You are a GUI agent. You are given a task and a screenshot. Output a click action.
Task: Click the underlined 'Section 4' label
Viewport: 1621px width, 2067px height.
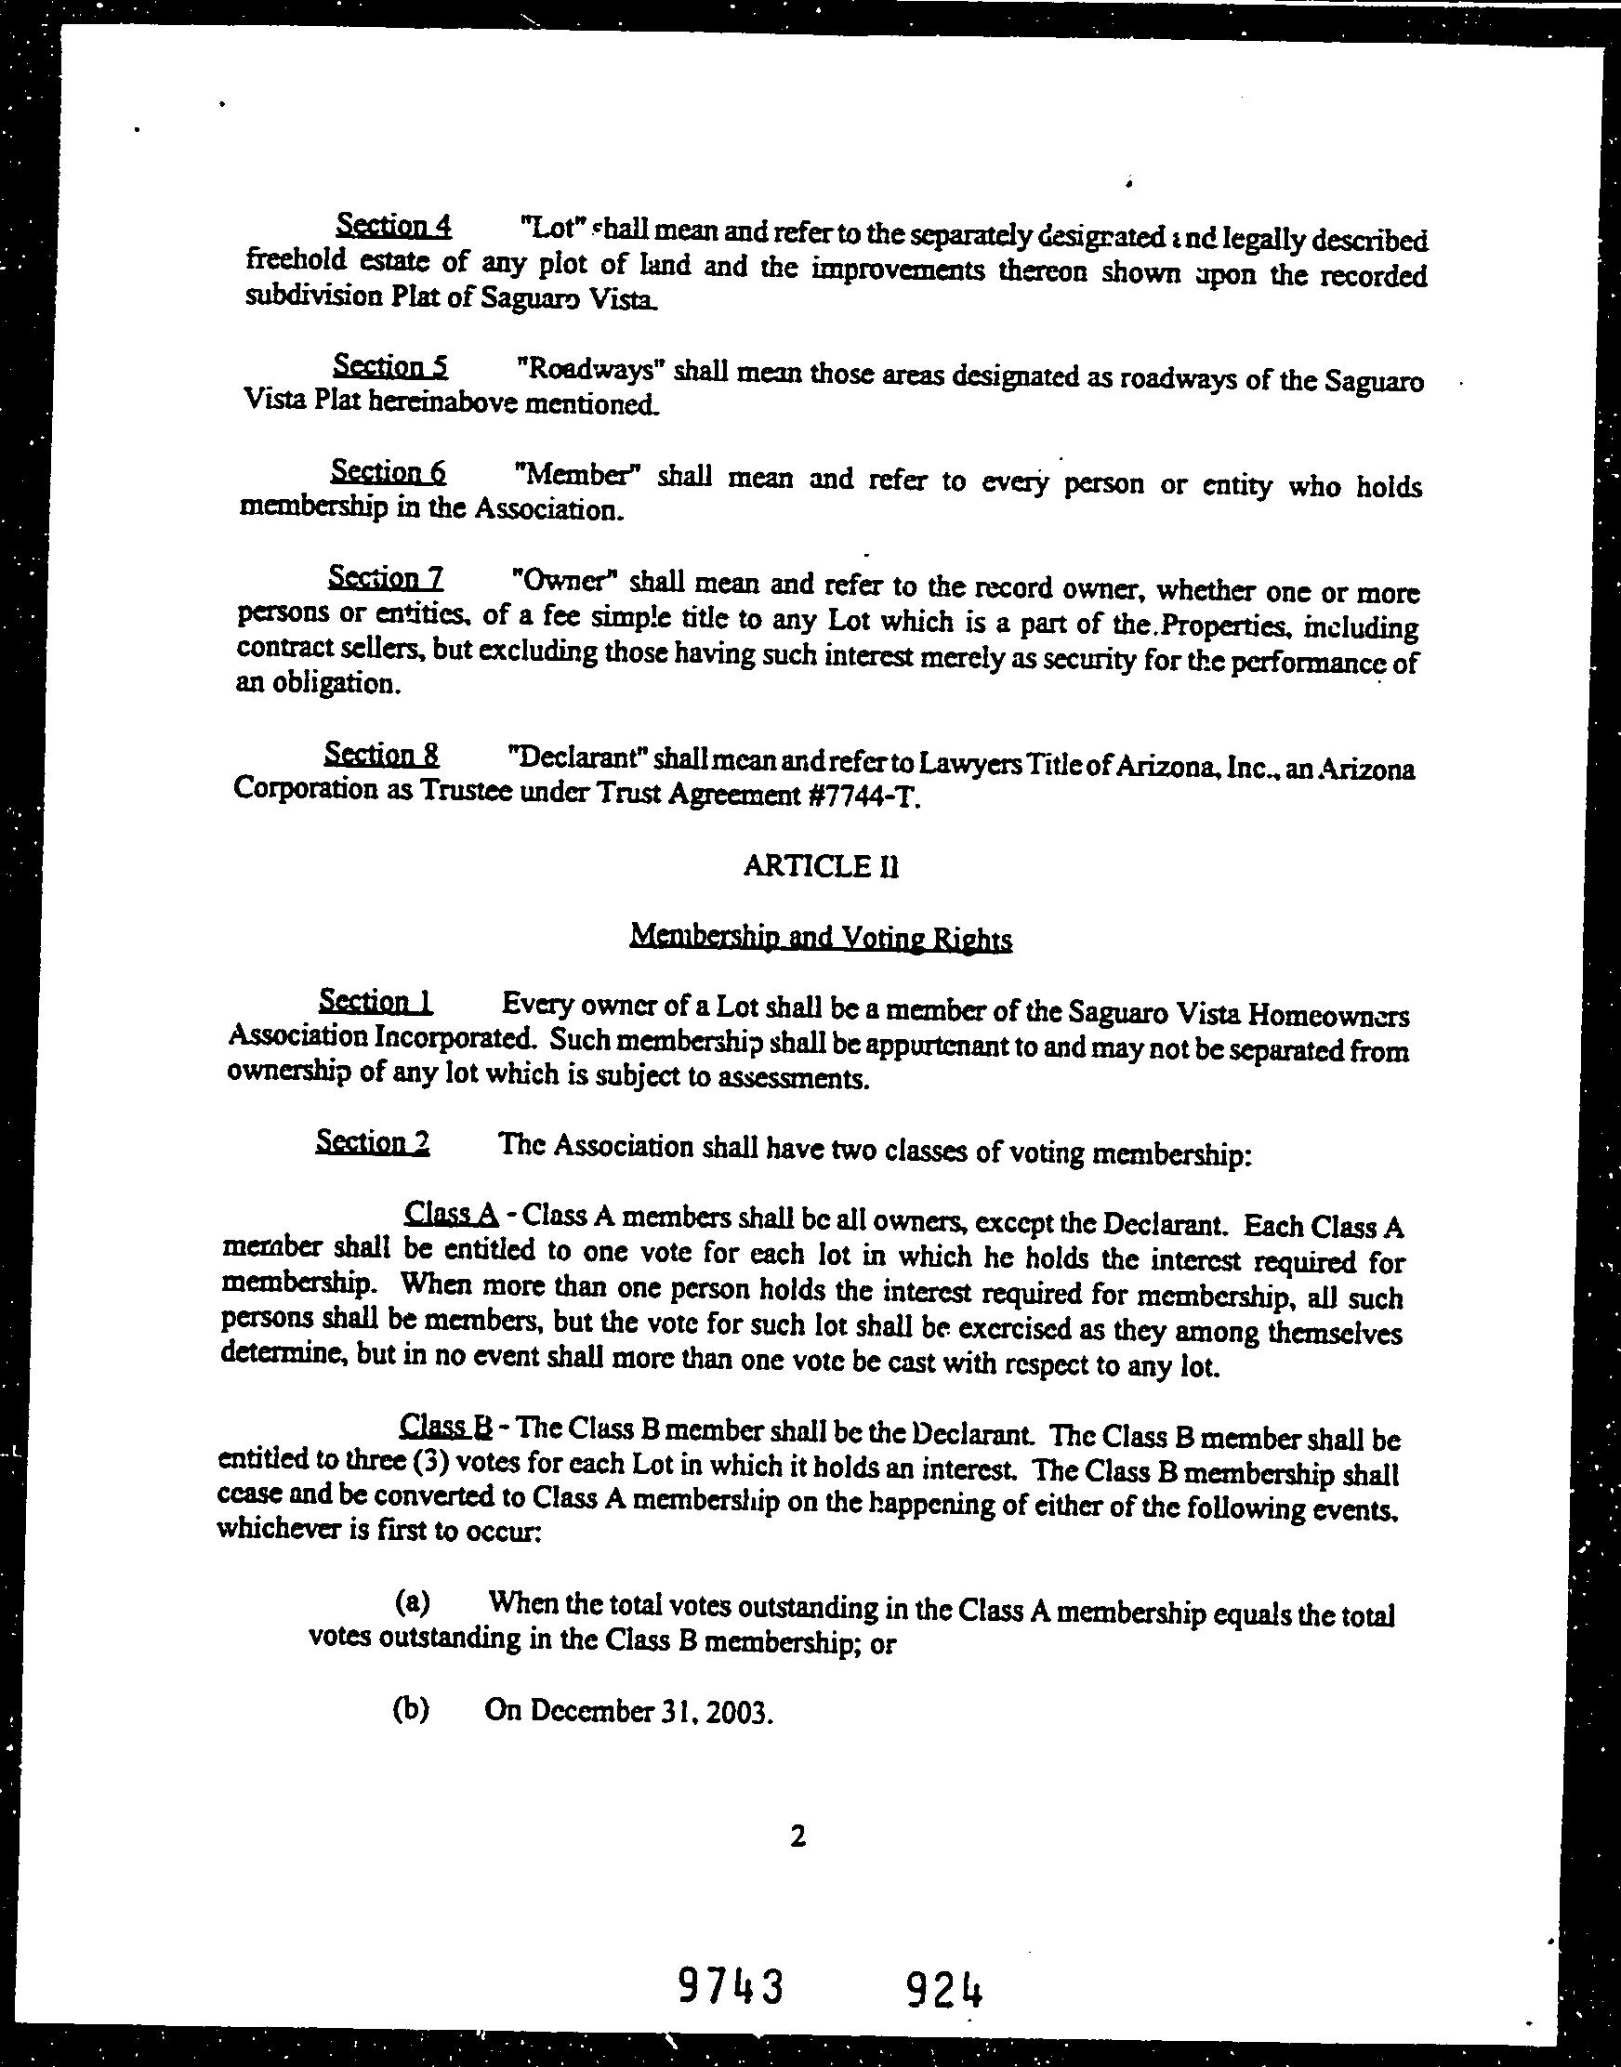(x=393, y=226)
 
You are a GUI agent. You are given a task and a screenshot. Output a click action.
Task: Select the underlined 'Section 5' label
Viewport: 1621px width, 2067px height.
(x=390, y=366)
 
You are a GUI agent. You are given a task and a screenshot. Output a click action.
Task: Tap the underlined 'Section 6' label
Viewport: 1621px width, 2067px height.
(x=389, y=470)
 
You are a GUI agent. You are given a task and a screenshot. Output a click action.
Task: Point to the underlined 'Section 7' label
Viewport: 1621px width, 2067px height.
(x=386, y=577)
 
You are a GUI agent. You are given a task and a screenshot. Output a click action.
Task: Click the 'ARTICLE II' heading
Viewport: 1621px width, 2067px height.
(x=820, y=866)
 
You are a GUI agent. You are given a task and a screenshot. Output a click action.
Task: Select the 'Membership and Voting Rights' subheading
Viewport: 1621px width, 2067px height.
(x=821, y=938)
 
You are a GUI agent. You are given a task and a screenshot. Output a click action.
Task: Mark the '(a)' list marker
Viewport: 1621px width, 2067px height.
(x=412, y=1603)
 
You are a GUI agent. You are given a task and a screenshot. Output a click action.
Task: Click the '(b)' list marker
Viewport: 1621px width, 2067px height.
(x=410, y=1709)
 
